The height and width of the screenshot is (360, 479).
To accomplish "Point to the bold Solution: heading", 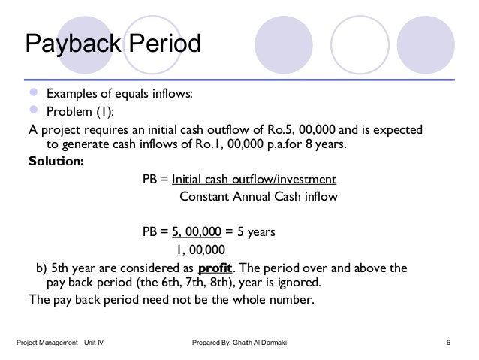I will pyautogui.click(x=56, y=162).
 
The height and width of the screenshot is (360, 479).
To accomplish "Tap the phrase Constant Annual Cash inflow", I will pyautogui.click(x=259, y=197).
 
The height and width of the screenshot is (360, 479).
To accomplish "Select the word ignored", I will pyautogui.click(x=298, y=283).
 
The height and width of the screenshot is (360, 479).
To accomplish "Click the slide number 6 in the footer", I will pyautogui.click(x=448, y=343).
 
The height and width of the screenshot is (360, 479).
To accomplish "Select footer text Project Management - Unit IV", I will pyautogui.click(x=60, y=343).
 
